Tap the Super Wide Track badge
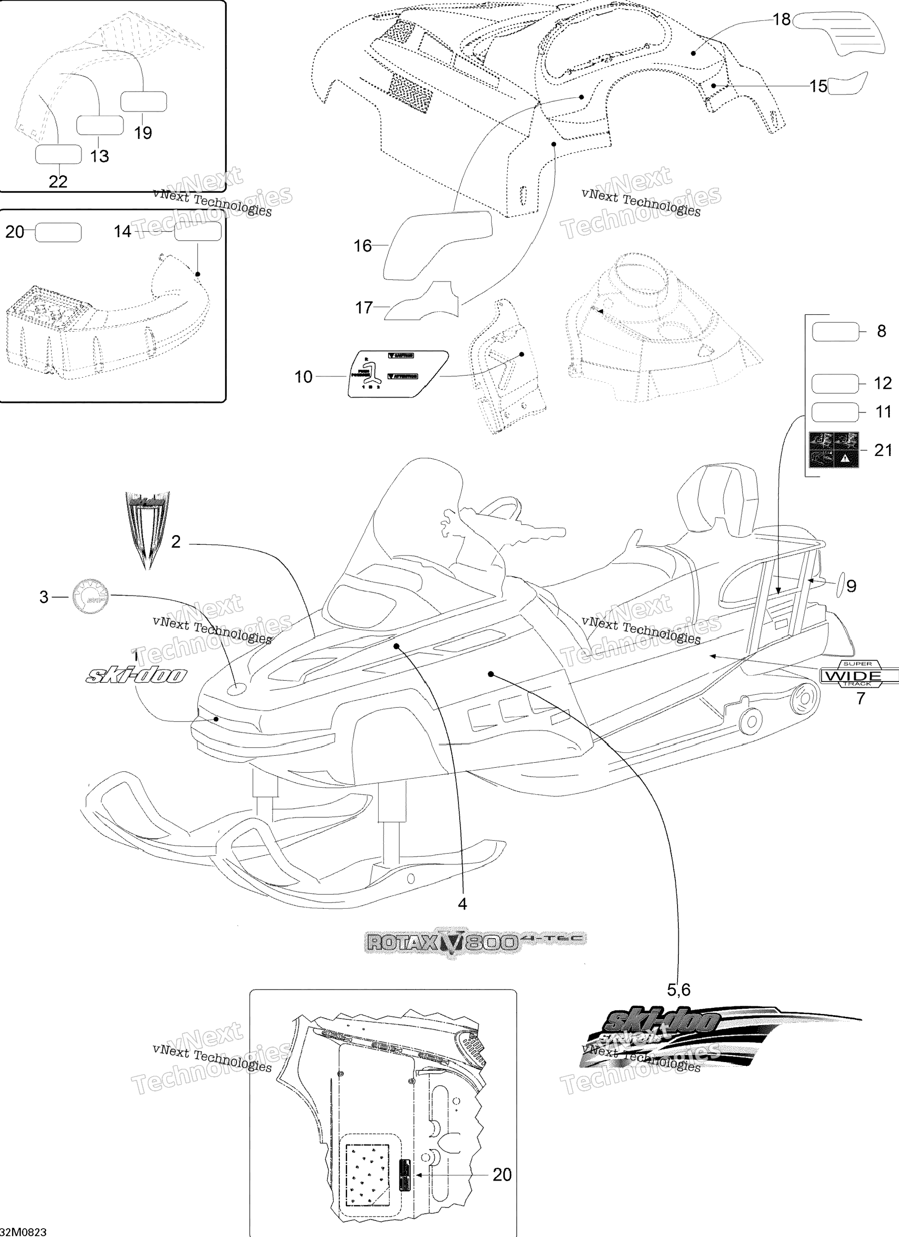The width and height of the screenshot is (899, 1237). click(x=859, y=676)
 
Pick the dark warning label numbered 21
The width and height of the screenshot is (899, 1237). click(x=833, y=450)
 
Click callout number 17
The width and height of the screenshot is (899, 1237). click(x=363, y=308)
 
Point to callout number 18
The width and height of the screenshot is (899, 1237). click(x=782, y=20)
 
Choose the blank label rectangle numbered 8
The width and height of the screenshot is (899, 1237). click(x=835, y=332)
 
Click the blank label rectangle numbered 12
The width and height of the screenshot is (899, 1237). click(x=835, y=383)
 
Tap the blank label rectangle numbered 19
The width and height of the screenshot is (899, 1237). click(x=143, y=102)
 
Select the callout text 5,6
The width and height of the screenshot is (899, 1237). click(x=679, y=989)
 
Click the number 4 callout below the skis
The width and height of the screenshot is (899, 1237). click(x=462, y=904)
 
